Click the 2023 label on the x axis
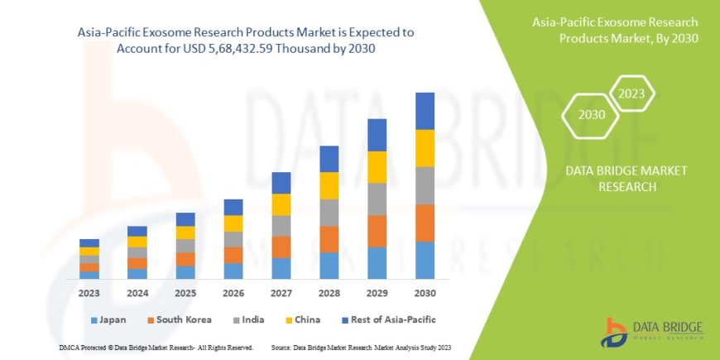click(x=89, y=293)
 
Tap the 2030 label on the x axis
click(x=425, y=293)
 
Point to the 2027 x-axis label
click(x=281, y=293)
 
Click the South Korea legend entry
click(x=180, y=319)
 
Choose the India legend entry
click(x=254, y=319)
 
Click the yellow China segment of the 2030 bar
click(x=425, y=148)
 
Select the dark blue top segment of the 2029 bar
click(x=377, y=135)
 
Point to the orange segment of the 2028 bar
click(x=329, y=239)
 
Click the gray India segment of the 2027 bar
click(x=281, y=226)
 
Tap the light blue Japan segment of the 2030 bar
click(x=425, y=260)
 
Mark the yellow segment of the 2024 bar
click(x=137, y=242)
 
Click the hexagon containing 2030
click(x=590, y=114)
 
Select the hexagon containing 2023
click(x=631, y=94)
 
